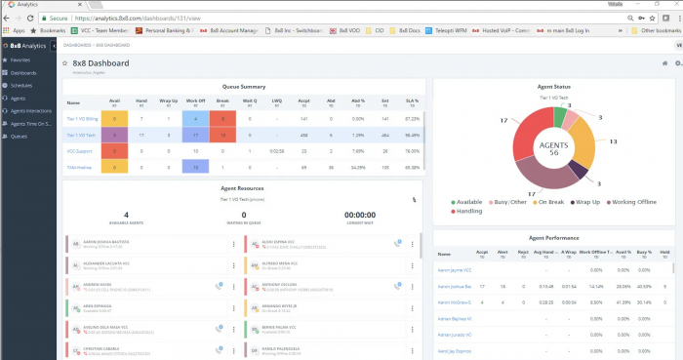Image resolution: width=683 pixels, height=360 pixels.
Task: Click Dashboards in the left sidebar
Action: [x=23, y=73]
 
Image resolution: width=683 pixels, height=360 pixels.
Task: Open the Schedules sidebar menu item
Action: [x=21, y=86]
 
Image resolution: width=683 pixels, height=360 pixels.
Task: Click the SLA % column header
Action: [x=412, y=100]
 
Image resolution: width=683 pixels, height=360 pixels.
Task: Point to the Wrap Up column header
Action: [x=169, y=100]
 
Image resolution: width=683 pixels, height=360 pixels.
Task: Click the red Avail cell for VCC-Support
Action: [x=114, y=151]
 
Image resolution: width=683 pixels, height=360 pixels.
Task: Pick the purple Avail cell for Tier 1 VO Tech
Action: [x=114, y=135]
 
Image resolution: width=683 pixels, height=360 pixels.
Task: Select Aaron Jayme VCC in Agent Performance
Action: [x=455, y=269]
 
